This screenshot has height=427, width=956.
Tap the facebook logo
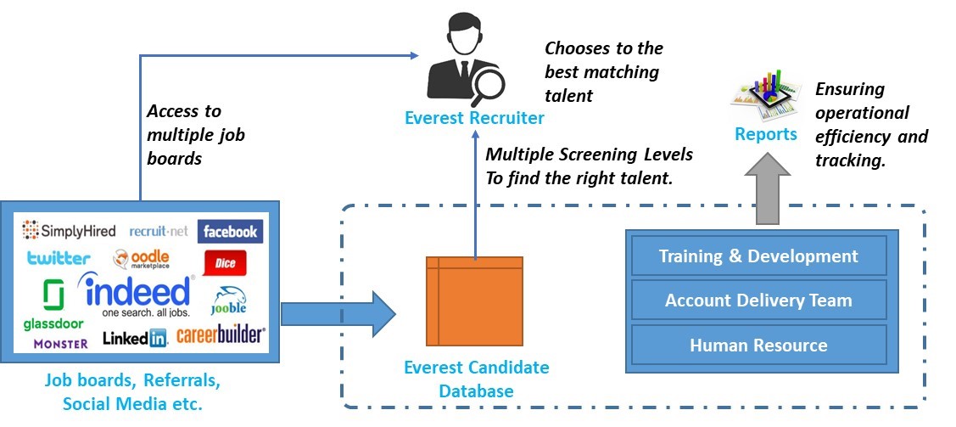pos(230,231)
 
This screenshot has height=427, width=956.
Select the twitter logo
pos(58,258)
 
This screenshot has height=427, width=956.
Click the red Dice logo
pos(225,264)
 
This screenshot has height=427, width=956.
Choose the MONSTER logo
pos(60,343)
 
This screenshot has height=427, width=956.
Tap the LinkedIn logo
pos(135,339)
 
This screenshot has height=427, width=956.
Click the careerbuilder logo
pos(221,336)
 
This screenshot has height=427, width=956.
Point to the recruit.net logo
pos(159,231)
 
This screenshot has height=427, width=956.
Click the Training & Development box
pos(758,256)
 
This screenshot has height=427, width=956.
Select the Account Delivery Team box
pos(758,300)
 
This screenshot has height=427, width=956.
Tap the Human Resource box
pos(758,345)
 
